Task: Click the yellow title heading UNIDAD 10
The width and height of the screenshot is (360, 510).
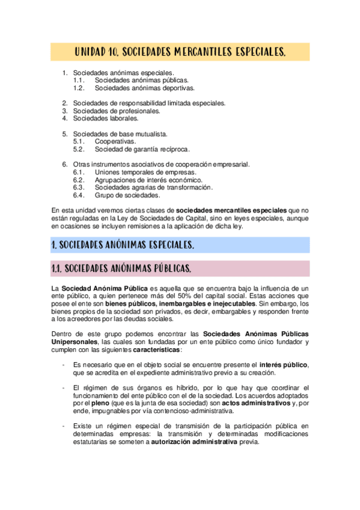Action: point(180,52)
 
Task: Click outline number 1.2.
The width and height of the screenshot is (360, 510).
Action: point(79,88)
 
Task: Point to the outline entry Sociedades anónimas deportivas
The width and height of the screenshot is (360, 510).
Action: point(145,88)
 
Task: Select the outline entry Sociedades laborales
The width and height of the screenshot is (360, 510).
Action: point(106,118)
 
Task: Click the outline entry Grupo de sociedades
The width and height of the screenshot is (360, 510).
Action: point(127,195)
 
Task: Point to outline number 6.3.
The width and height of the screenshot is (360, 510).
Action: point(79,188)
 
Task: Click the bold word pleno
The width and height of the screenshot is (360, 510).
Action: point(100,404)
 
